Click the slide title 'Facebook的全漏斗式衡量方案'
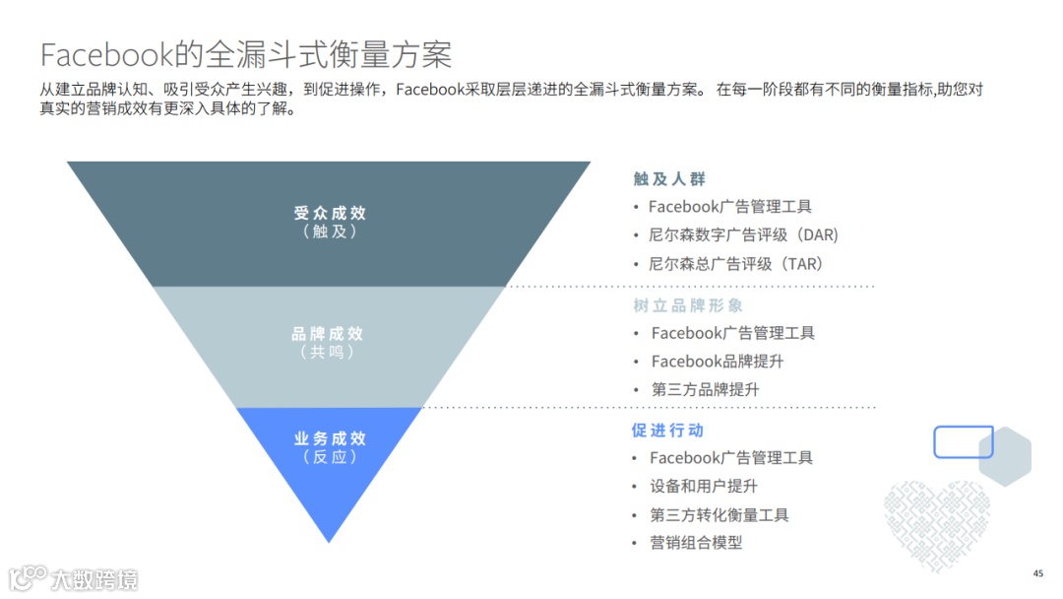coord(245,53)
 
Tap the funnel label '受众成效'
coord(329,213)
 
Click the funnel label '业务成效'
coord(329,438)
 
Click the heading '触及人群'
coord(669,179)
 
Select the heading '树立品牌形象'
coord(687,305)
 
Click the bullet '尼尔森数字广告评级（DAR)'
coord(743,235)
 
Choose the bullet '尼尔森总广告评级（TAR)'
coord(736,264)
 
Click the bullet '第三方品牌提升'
coord(705,389)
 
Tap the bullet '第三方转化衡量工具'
coord(719,514)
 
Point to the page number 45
coord(1037,573)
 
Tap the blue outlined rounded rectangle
coord(963,442)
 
